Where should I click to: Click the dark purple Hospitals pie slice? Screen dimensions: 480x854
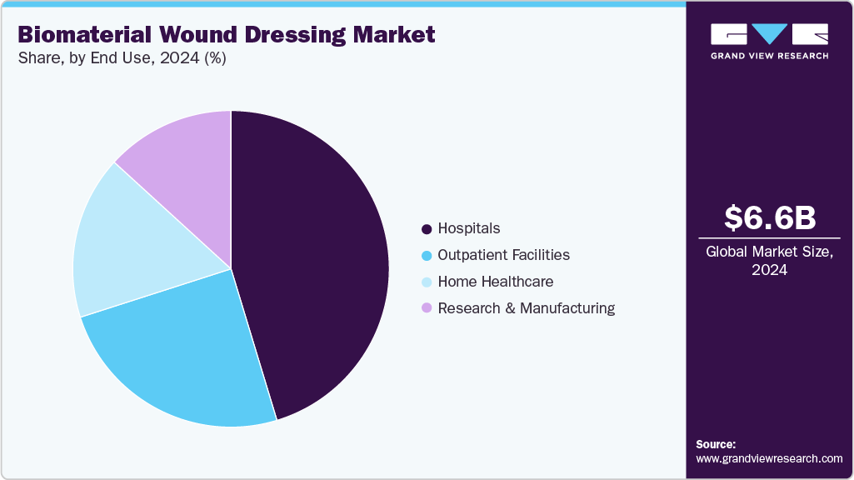317,267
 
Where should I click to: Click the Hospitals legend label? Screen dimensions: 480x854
469,228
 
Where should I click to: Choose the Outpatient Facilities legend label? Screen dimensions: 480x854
503,255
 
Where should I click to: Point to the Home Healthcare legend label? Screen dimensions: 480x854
495,282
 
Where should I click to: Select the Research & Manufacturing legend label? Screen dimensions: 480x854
526,308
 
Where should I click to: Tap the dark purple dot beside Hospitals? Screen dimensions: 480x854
427,228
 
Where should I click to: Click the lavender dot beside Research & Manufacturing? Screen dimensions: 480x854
427,308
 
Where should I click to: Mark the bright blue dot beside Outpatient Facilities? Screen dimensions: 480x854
427,255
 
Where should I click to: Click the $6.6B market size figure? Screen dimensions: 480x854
769,217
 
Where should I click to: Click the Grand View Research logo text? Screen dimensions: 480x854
769,56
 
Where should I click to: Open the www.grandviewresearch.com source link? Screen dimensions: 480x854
769,458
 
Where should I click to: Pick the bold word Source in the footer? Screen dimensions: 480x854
716,444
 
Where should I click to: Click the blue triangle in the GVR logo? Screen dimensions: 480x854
769,33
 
